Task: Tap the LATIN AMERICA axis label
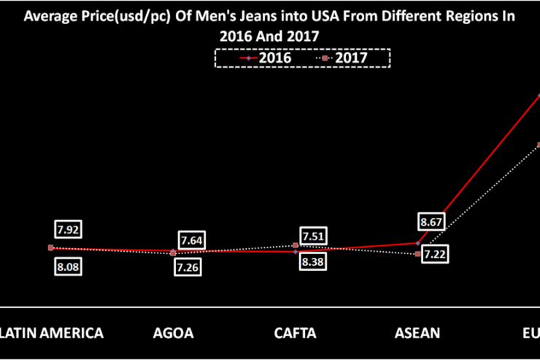tap(51, 333)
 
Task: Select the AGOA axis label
tap(173, 333)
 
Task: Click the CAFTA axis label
tap(295, 333)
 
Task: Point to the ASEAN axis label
tap(417, 333)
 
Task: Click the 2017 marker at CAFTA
tap(296, 246)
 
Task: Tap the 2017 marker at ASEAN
tap(417, 254)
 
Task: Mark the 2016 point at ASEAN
tap(417, 243)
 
